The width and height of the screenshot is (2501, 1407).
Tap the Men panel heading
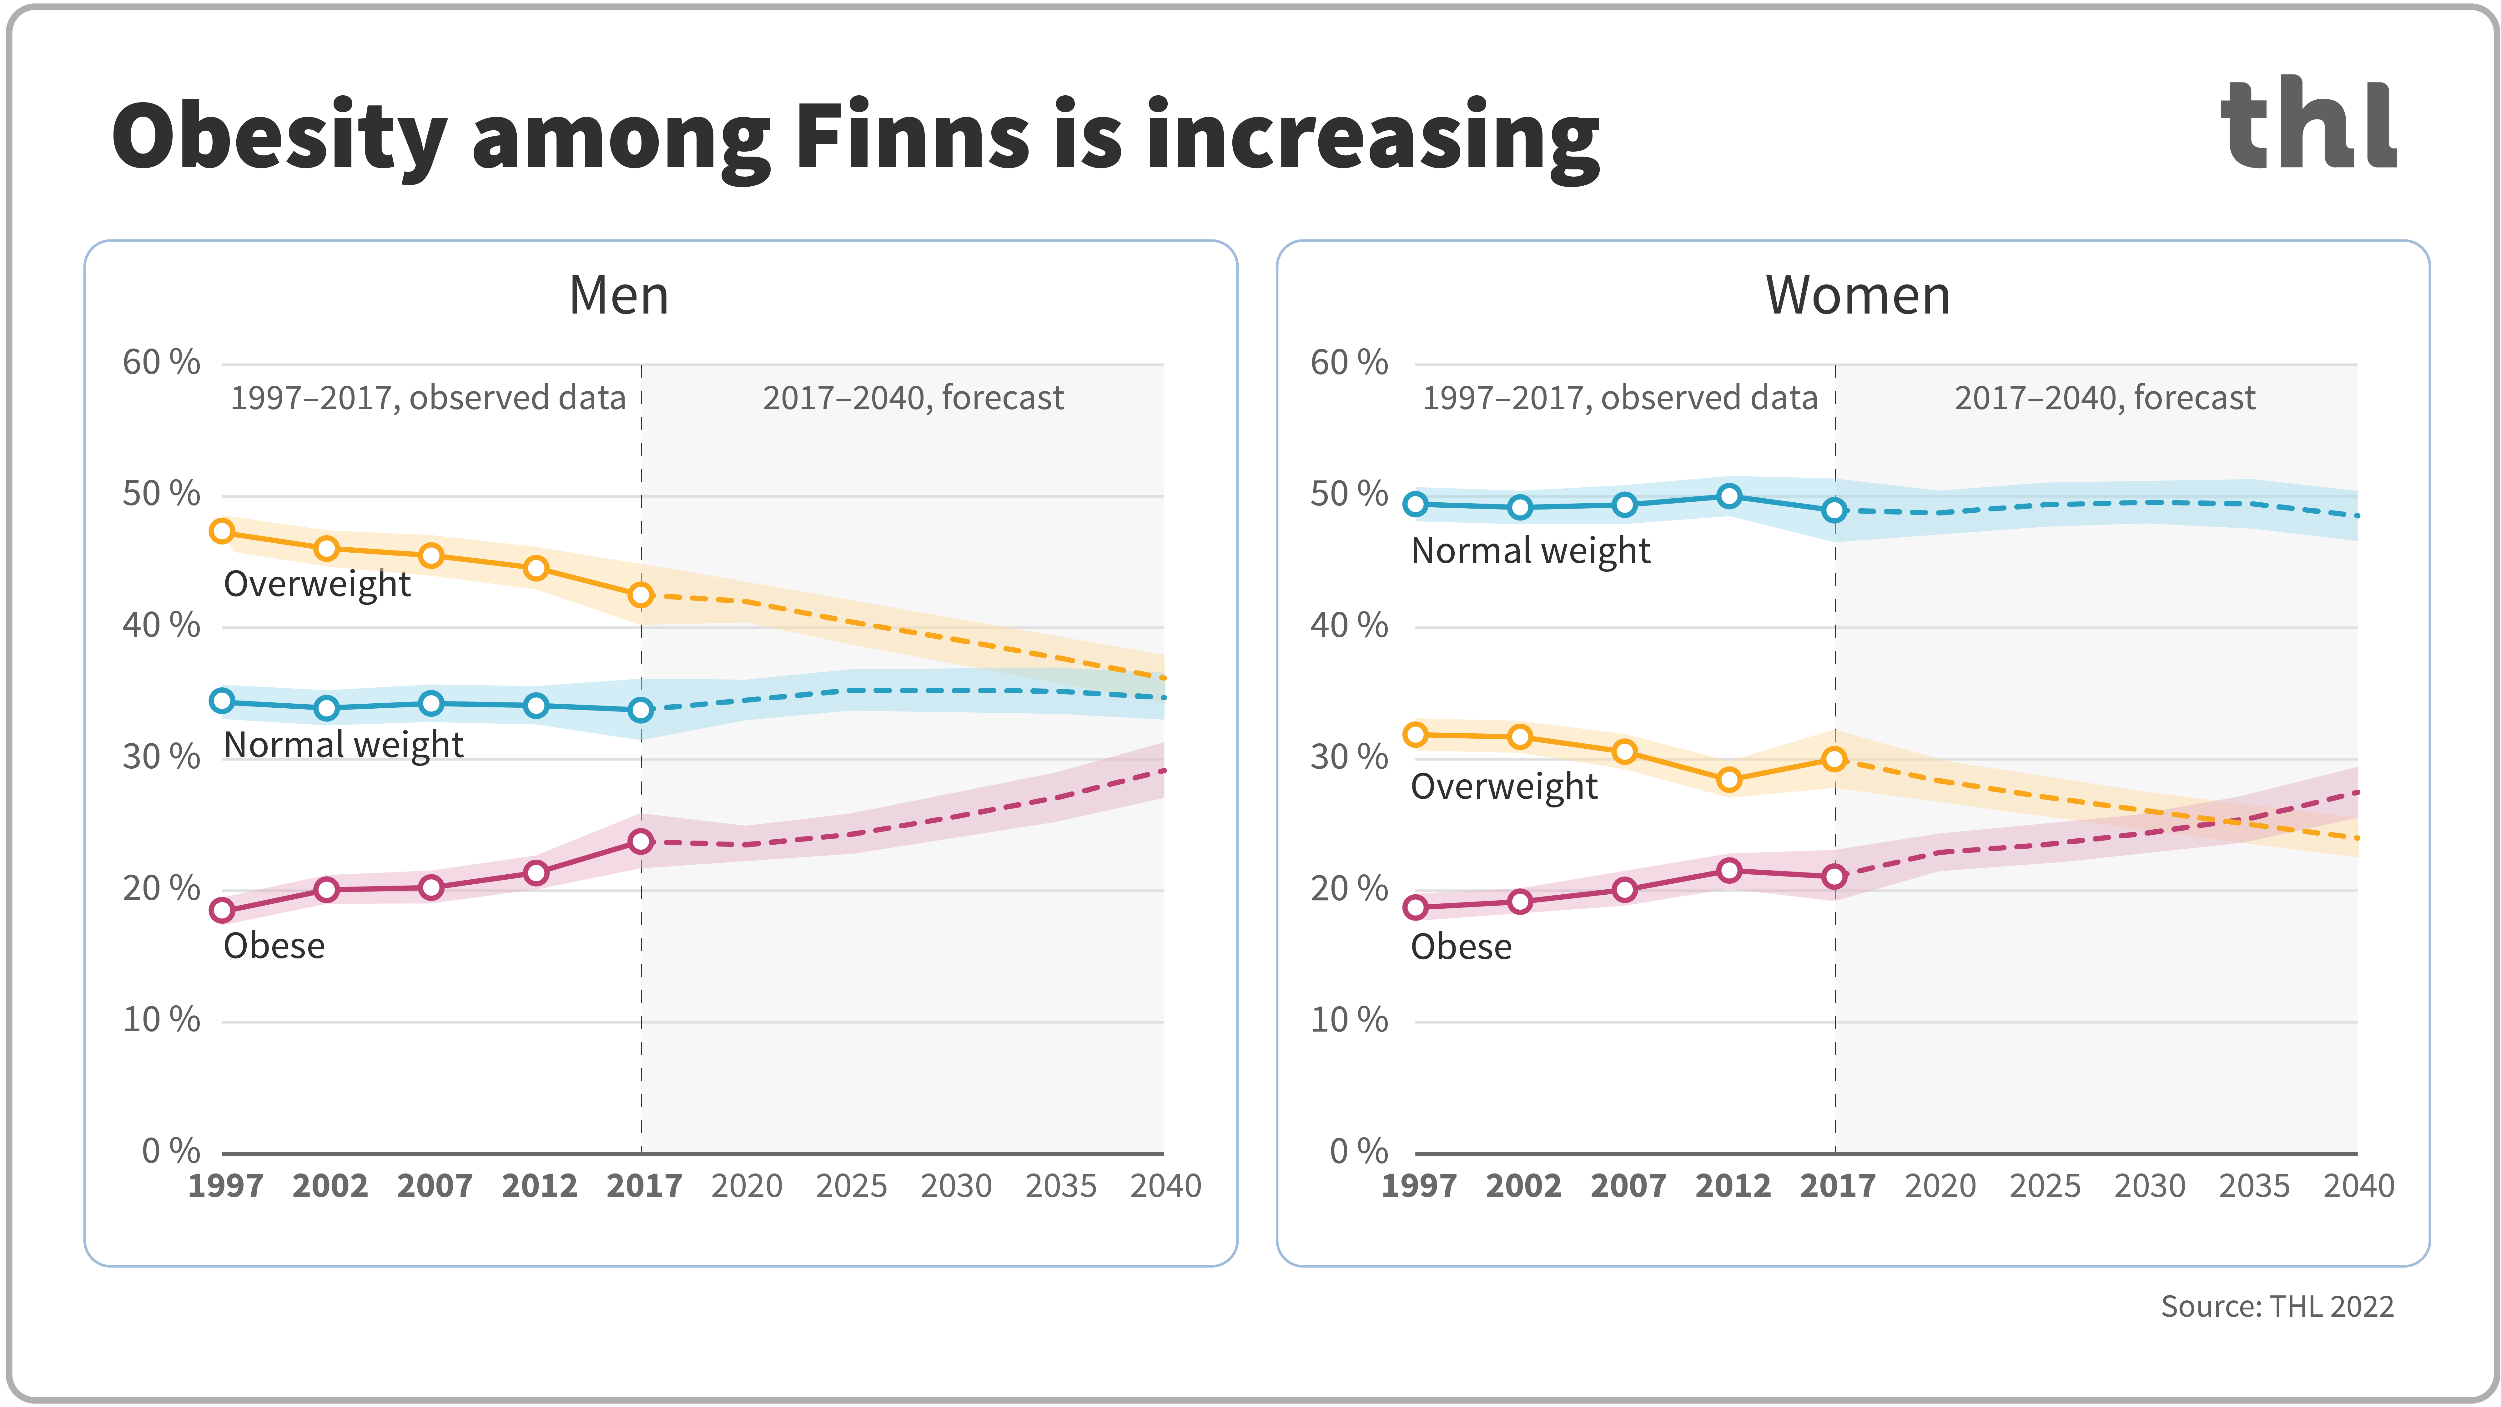click(618, 295)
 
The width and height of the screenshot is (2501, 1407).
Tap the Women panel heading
click(1857, 295)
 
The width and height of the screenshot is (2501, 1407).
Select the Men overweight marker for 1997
click(222, 531)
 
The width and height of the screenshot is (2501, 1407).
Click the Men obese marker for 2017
click(641, 841)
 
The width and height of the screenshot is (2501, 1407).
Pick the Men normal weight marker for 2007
click(431, 703)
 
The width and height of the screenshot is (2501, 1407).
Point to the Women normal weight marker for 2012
click(1729, 496)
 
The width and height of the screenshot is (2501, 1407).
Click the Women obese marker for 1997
click(1416, 907)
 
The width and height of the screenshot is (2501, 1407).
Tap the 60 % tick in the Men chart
click(161, 362)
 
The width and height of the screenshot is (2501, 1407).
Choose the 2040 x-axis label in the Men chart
click(1165, 1186)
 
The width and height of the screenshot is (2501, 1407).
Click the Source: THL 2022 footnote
click(2277, 1306)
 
